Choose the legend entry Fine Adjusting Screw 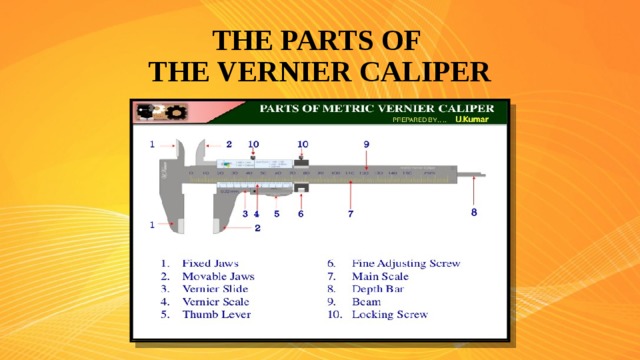[405, 263]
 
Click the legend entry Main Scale [380, 276]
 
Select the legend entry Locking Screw [389, 314]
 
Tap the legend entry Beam [366, 301]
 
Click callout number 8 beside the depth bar [474, 212]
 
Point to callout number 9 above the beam [366, 144]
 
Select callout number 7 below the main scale [350, 213]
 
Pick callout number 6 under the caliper [300, 213]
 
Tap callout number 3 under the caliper [245, 213]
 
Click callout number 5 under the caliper [276, 213]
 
